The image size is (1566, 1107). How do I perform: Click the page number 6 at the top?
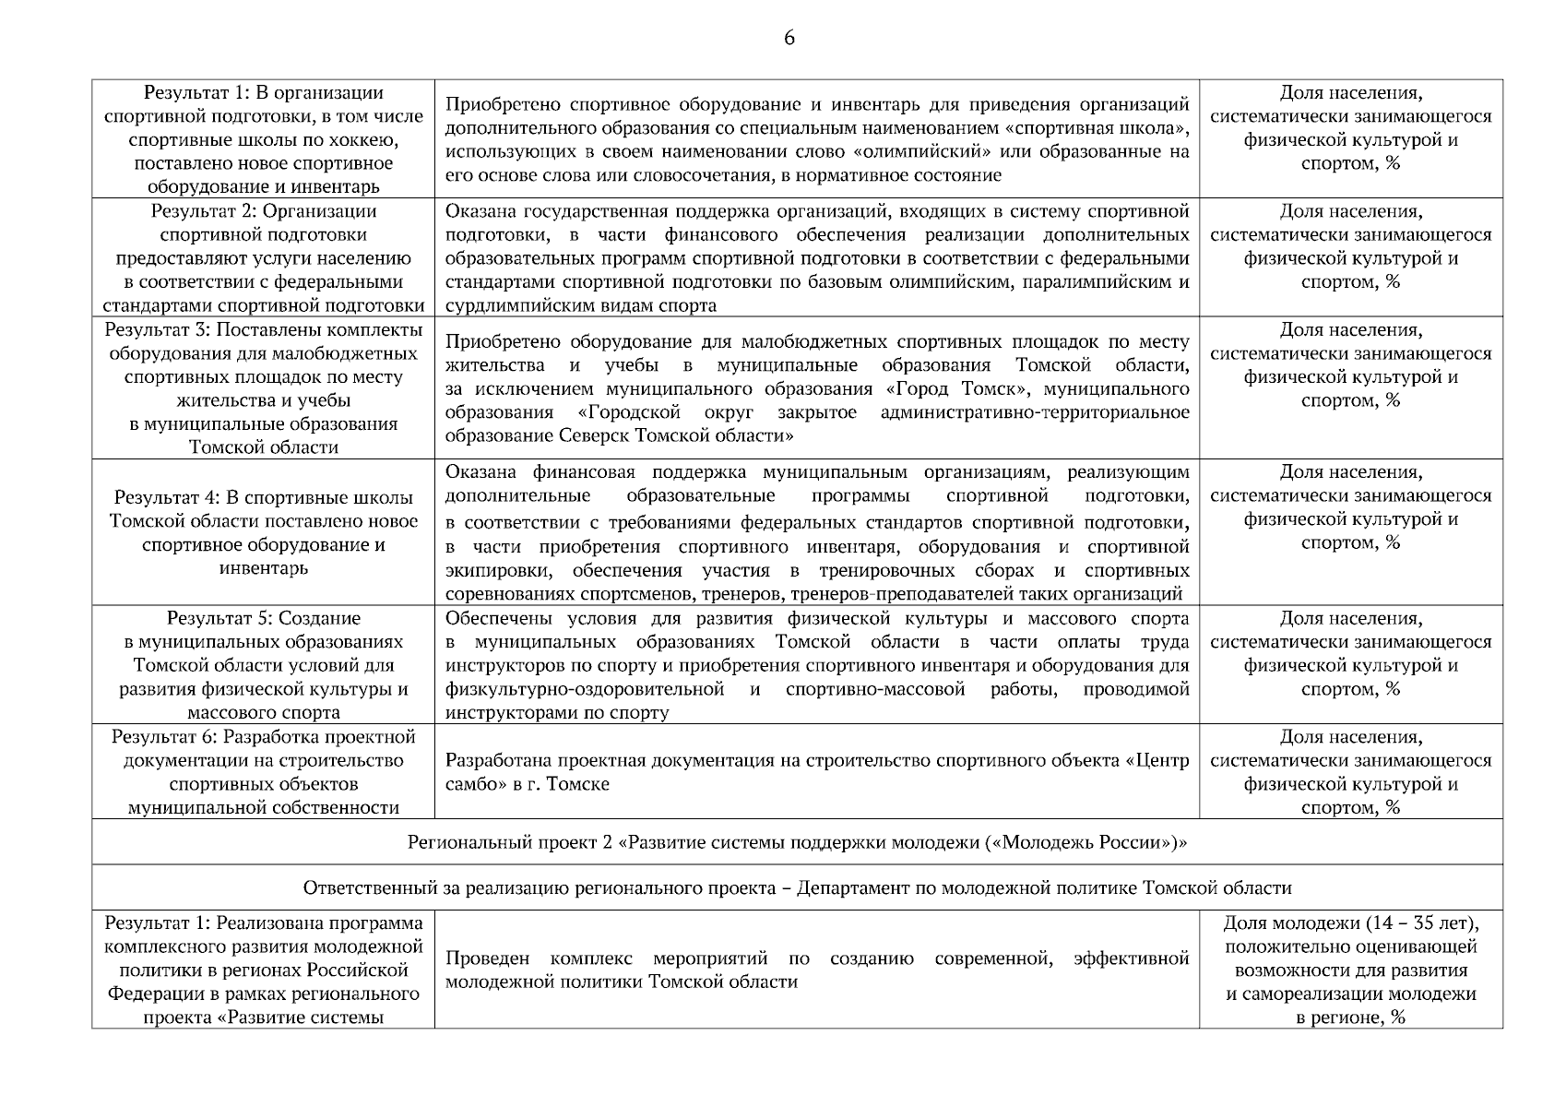[x=789, y=38]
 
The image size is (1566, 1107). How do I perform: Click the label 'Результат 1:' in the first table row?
[x=197, y=93]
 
